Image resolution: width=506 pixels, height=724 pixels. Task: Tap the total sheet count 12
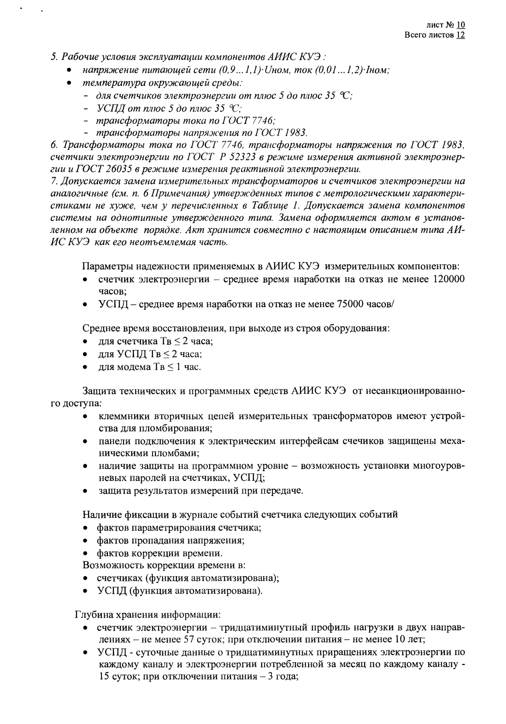(461, 35)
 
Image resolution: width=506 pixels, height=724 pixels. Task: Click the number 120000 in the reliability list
(447, 280)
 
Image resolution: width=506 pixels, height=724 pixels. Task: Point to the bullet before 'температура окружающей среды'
(69, 84)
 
